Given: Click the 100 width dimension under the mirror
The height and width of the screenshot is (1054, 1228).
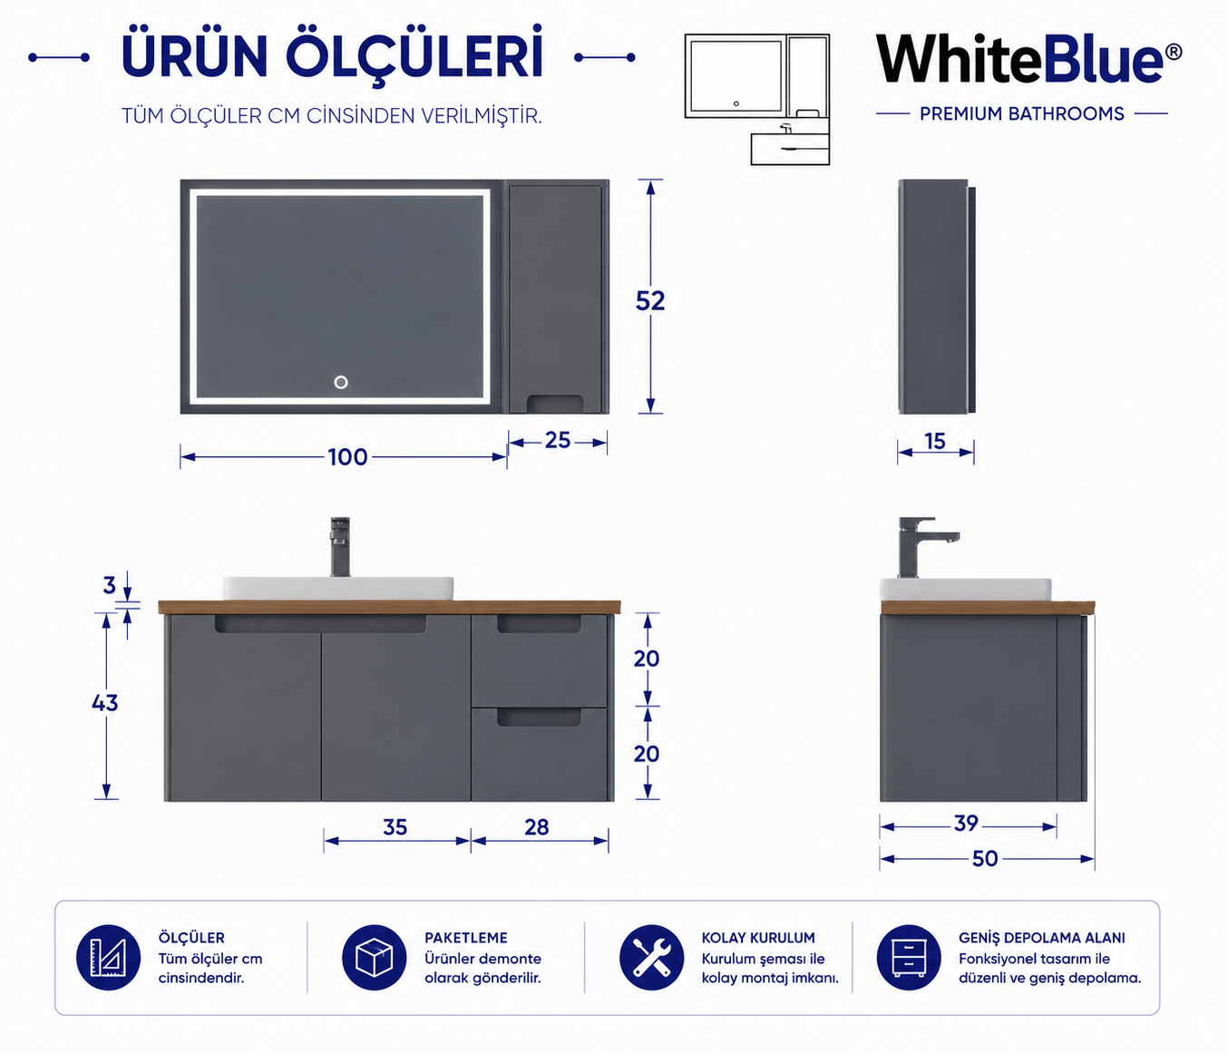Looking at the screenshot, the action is (347, 457).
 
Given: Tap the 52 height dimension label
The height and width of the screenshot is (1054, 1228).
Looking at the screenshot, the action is (650, 301).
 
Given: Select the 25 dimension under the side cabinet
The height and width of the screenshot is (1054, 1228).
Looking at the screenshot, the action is (557, 440).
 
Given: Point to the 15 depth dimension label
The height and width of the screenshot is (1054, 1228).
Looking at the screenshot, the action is (934, 442).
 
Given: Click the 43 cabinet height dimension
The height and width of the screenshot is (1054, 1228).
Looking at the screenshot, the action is (105, 704).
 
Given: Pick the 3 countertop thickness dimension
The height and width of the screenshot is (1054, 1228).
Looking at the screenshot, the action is (110, 586).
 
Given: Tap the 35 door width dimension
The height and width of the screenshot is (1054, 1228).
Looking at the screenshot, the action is (395, 827).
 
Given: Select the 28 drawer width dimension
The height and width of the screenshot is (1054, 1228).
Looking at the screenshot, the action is (537, 827).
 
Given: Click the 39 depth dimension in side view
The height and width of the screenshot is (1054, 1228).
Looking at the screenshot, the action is (966, 824).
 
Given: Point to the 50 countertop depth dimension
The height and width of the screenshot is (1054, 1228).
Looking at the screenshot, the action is (985, 859).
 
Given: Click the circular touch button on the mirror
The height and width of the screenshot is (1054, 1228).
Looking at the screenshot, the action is (341, 383).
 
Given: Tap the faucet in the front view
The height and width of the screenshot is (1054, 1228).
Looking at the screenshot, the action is (340, 547).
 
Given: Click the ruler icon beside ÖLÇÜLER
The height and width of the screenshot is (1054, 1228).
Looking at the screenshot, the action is (108, 958).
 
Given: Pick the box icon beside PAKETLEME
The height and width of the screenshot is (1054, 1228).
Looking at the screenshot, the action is (374, 958).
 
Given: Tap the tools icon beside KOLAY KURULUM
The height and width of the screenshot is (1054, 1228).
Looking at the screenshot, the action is (652, 958).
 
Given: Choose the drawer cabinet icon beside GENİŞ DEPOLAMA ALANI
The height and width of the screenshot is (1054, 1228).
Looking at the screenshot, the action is (909, 958).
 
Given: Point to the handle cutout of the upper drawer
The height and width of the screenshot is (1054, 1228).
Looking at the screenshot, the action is (539, 624).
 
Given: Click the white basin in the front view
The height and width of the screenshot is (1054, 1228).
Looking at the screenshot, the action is (338, 588).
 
